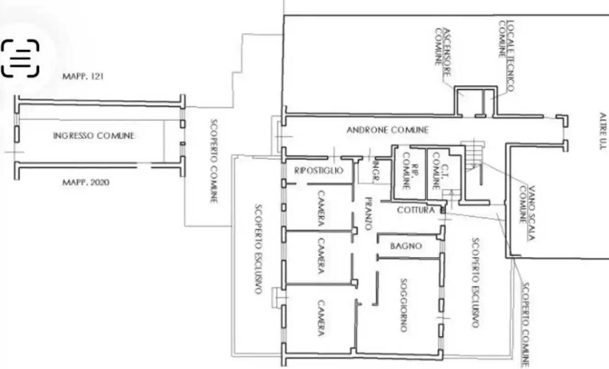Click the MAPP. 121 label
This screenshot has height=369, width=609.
click(x=83, y=76)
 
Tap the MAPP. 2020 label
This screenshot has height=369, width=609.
click(x=86, y=182)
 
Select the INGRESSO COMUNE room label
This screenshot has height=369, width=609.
click(x=94, y=136)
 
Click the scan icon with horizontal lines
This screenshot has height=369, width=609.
click(x=20, y=58)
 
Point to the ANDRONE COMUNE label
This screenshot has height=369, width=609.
click(x=388, y=130)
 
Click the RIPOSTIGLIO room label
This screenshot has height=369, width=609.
click(x=319, y=170)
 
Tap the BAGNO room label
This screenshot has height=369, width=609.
click(x=406, y=246)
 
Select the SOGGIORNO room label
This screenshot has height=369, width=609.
click(x=404, y=305)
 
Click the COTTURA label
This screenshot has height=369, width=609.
click(x=416, y=210)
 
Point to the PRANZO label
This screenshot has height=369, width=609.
click(x=369, y=214)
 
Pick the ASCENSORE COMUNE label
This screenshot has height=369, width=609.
click(x=442, y=52)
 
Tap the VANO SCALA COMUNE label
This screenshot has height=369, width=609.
click(x=527, y=213)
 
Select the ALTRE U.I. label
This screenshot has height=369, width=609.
click(x=603, y=131)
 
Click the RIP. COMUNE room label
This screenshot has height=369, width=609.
click(x=410, y=171)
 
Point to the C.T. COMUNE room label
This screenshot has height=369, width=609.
click(x=441, y=171)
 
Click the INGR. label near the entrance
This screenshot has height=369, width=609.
click(x=376, y=171)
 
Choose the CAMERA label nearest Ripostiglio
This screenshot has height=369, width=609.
click(x=321, y=208)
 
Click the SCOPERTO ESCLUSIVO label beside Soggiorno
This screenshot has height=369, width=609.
click(x=475, y=283)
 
